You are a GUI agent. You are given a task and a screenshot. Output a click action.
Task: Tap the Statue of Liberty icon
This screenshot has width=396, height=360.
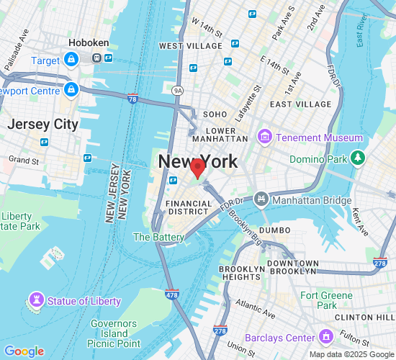pyautogui.click(x=35, y=300)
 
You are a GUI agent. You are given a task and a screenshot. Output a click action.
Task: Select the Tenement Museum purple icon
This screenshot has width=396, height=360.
pyautogui.click(x=264, y=138)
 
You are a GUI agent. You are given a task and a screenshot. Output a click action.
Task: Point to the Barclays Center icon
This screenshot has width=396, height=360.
pyautogui.click(x=327, y=337)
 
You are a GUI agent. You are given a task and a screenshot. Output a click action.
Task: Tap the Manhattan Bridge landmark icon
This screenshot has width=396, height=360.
pyautogui.click(x=260, y=197)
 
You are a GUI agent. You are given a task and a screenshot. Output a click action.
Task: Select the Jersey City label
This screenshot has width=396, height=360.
pyautogui.click(x=42, y=124)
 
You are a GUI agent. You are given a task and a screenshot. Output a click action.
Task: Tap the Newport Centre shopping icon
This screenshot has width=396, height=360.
pyautogui.click(x=71, y=90)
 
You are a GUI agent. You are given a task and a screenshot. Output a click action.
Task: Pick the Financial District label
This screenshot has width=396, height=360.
pyautogui.click(x=189, y=208)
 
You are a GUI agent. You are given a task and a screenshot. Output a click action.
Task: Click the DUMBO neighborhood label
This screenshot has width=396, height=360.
pyautogui.click(x=274, y=230)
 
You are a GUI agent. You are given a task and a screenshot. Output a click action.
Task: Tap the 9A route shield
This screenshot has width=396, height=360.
pyautogui.click(x=177, y=91)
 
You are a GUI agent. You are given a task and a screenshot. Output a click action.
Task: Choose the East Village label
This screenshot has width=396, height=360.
pyautogui.click(x=300, y=104)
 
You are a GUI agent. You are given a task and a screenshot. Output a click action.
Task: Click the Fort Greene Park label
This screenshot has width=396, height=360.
pyautogui.click(x=328, y=300)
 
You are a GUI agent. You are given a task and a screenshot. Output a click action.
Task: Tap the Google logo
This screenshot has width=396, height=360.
pyautogui.click(x=24, y=351)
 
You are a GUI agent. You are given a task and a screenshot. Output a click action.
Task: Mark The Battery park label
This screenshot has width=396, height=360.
pyautogui.click(x=159, y=237)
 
